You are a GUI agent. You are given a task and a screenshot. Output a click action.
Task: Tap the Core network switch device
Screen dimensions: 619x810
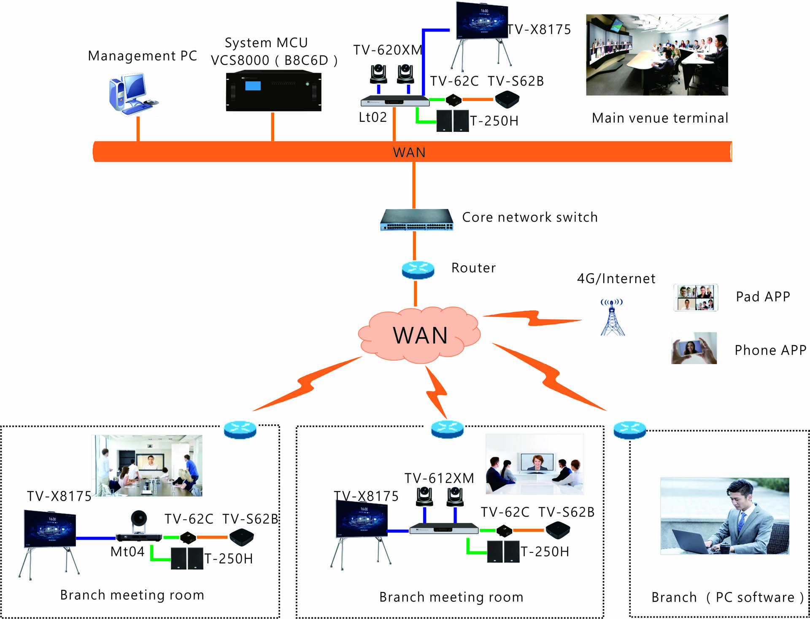[416, 220]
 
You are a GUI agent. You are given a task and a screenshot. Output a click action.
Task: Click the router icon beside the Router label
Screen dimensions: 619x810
[418, 270]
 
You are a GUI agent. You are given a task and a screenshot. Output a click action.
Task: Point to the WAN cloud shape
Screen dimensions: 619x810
[419, 335]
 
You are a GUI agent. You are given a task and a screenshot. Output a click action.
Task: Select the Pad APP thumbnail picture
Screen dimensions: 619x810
[696, 297]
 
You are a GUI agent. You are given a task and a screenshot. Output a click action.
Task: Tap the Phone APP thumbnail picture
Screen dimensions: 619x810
[694, 348]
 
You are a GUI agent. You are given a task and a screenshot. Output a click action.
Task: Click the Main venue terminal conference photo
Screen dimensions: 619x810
[657, 55]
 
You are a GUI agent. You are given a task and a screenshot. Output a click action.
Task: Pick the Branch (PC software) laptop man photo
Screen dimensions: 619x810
[724, 516]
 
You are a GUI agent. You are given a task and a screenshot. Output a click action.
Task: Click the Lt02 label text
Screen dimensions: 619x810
[373, 117]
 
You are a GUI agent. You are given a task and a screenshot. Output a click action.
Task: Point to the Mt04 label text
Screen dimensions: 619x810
[127, 552]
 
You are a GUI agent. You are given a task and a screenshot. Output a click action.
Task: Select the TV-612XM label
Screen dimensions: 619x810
[439, 478]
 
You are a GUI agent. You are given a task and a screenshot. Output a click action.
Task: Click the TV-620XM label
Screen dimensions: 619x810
[387, 50]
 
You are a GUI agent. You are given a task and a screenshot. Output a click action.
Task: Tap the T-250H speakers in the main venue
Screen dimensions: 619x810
[452, 121]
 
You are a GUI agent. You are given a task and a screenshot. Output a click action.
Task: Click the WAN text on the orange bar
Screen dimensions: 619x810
[409, 152]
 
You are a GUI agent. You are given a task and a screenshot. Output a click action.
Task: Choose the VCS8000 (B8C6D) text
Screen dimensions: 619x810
[274, 60]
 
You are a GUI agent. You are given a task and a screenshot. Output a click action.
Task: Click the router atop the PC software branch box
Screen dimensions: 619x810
[629, 430]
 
